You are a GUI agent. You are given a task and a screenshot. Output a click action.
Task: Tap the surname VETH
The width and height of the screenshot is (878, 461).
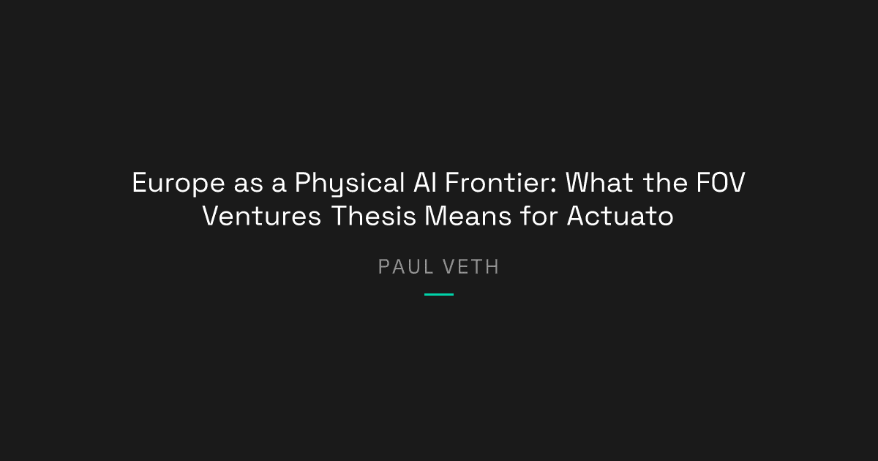[472, 267]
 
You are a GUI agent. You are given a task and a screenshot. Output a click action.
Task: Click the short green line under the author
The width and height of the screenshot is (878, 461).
[439, 294]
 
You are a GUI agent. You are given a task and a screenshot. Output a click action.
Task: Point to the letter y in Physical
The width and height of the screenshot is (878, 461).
[333, 185]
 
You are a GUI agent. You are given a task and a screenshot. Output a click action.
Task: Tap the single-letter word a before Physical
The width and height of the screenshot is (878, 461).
[279, 184]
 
